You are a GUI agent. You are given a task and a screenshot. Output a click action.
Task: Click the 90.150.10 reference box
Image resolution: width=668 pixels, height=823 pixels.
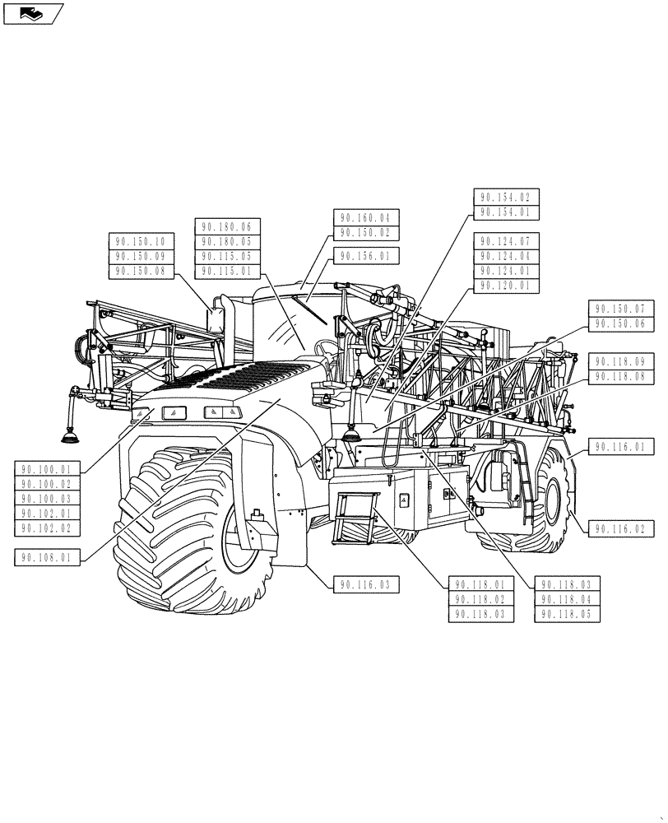coord(140,241)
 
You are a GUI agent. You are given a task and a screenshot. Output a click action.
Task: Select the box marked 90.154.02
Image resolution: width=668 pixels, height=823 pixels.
coord(506,197)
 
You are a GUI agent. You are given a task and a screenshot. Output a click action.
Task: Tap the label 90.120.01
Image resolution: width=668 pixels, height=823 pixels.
coord(506,286)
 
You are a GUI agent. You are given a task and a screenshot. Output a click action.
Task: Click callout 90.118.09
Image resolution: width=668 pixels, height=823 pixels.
coord(621,361)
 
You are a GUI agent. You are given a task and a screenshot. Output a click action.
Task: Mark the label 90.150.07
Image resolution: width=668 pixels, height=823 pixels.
coord(621,309)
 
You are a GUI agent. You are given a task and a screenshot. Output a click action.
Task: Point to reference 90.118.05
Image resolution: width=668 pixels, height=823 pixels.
coord(568,614)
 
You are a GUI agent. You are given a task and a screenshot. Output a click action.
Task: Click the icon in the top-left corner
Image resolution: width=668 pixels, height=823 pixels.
coord(33,12)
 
